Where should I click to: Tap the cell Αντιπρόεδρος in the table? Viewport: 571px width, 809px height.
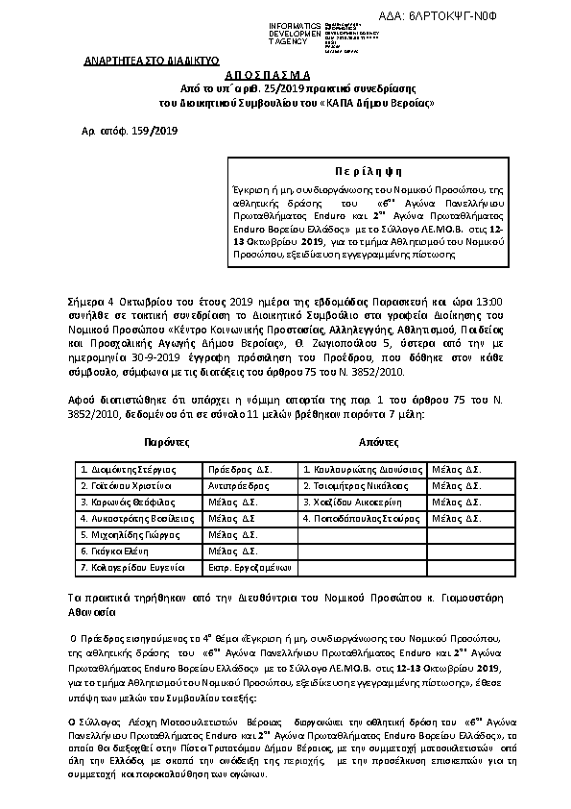(237, 486)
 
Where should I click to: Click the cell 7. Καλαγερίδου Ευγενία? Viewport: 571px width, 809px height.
(131, 568)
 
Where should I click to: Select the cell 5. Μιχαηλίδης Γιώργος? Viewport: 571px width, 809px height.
(126, 535)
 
